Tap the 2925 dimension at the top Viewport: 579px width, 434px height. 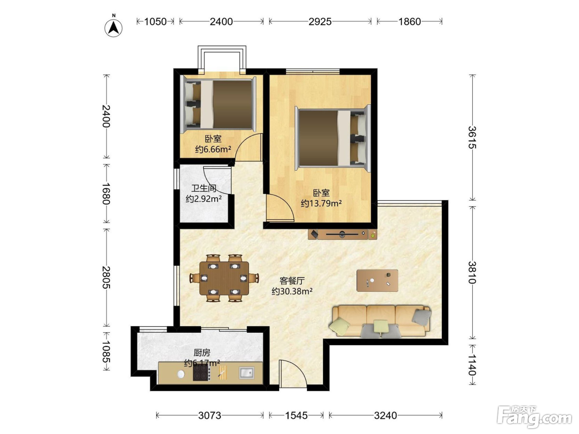[x=320, y=21]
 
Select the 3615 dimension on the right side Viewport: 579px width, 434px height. [x=472, y=137]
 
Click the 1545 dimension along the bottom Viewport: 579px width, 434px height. [x=297, y=415]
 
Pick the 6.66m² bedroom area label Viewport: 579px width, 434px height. [x=213, y=149]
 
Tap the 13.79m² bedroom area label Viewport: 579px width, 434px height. [x=321, y=203]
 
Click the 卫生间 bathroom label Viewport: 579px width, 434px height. [x=203, y=188]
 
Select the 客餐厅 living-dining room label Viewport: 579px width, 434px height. [x=292, y=281]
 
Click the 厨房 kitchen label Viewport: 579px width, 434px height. [x=202, y=353]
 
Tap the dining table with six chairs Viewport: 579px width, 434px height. [x=224, y=278]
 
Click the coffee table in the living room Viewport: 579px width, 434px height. [x=377, y=280]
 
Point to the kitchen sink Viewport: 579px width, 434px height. [x=246, y=373]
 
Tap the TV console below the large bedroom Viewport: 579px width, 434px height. [x=342, y=234]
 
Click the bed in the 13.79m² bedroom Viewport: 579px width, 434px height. [x=333, y=138]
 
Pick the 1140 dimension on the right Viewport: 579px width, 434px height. [x=472, y=365]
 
